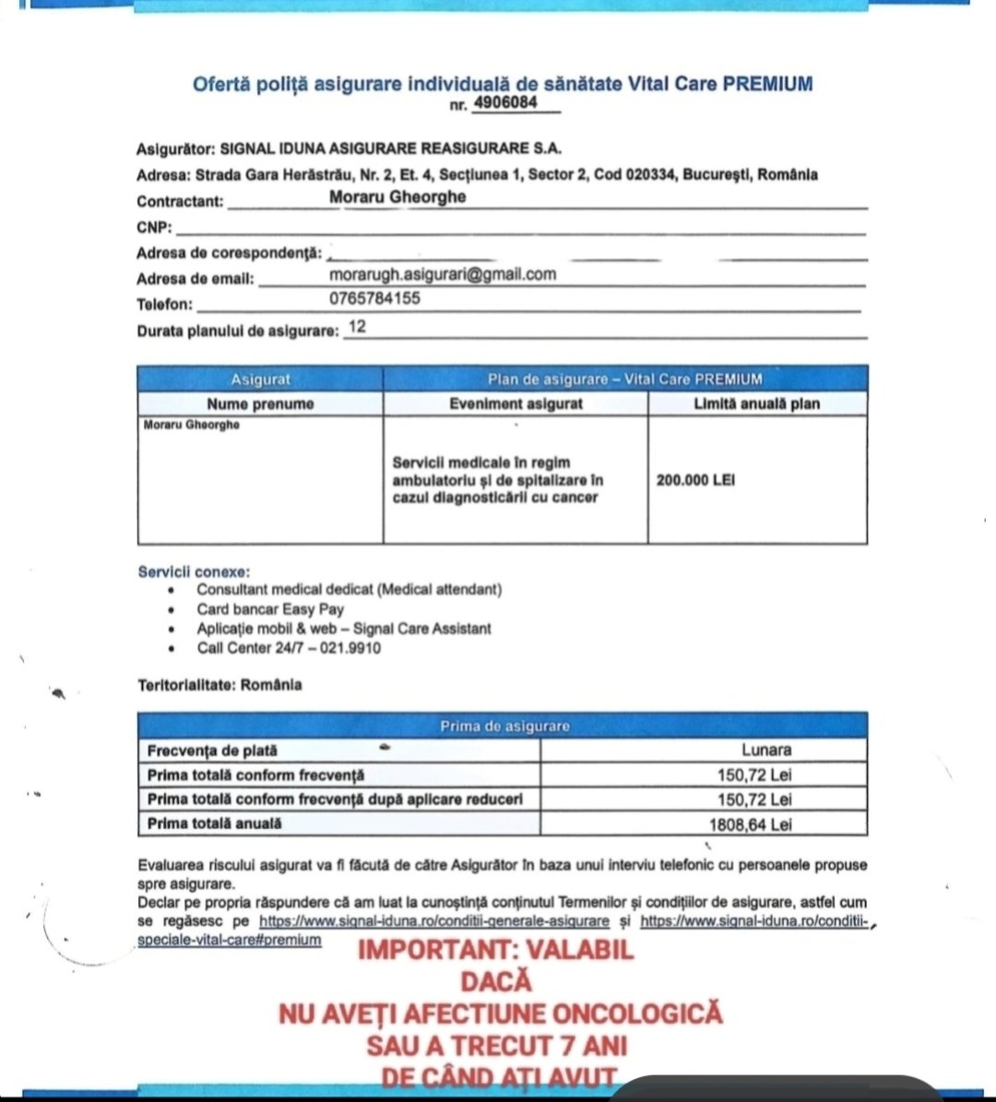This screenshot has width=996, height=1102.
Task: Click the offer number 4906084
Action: click(504, 102)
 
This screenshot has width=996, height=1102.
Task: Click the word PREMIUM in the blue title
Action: click(768, 84)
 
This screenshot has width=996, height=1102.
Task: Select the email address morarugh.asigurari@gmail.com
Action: click(443, 274)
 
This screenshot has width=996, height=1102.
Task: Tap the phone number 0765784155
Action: click(374, 299)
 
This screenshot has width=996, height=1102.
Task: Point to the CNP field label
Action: click(154, 228)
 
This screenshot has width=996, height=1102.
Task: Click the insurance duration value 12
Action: click(358, 327)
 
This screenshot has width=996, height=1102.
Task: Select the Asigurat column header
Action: click(260, 379)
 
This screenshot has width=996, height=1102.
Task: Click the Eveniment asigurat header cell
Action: click(516, 404)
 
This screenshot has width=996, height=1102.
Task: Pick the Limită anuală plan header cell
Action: click(756, 404)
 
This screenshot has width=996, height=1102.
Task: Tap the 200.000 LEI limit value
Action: click(695, 480)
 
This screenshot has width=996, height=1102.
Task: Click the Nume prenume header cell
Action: click(260, 404)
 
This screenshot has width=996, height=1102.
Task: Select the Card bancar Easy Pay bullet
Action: click(270, 609)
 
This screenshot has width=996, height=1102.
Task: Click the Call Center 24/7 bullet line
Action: click(288, 647)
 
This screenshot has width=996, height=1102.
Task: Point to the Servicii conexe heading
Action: click(194, 572)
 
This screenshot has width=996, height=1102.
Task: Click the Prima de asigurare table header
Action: click(504, 726)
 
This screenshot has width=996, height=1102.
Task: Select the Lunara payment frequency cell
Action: click(766, 751)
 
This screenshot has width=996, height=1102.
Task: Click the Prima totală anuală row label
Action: click(215, 824)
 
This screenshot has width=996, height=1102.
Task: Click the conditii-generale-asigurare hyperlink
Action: click(434, 920)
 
